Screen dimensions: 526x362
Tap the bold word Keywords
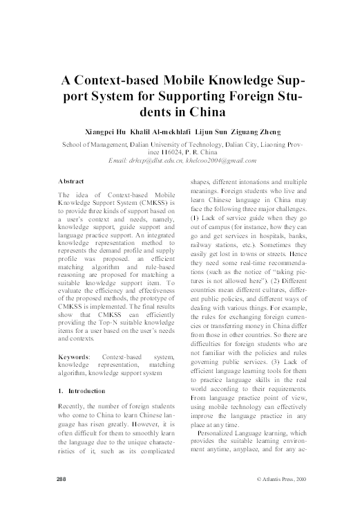click(73, 356)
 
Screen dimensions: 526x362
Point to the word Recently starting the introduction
click(73, 409)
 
